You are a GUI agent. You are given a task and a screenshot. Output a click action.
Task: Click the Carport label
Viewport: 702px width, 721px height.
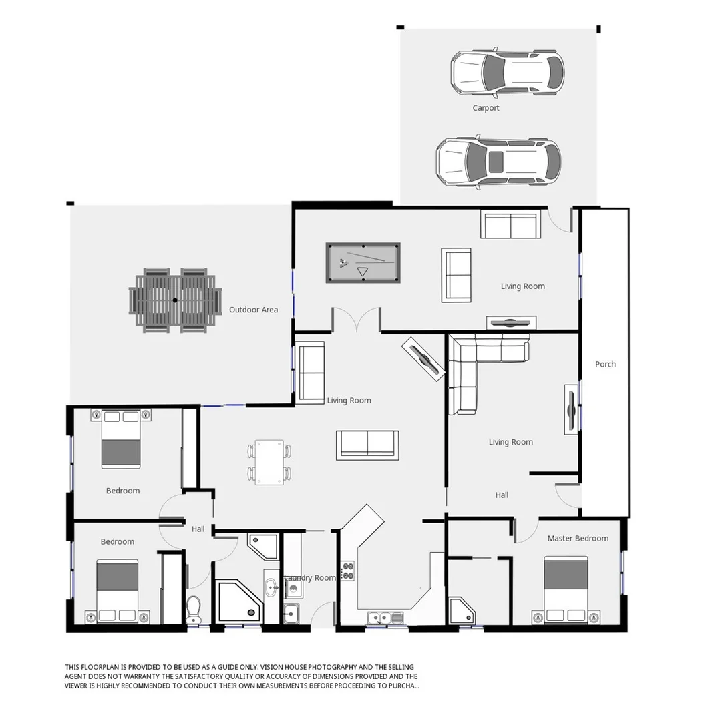pos(486,108)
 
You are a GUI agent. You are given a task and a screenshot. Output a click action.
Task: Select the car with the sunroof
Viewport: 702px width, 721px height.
pos(498,162)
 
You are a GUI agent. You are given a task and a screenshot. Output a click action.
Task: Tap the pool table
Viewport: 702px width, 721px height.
pos(363,262)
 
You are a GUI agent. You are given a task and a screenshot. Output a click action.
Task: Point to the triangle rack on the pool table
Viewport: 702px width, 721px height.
pos(363,272)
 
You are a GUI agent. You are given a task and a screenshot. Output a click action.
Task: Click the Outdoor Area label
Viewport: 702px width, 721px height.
pos(253,310)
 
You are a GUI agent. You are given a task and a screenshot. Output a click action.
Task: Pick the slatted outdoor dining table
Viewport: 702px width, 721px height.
pos(175,300)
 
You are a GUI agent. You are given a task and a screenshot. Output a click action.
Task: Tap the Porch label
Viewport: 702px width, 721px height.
pos(605,364)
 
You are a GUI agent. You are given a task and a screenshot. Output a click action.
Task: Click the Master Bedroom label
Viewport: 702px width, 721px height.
pos(578,538)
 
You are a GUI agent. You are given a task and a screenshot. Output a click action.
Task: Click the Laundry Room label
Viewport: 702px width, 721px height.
pos(311,578)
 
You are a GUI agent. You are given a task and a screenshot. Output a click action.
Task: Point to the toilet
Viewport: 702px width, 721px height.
pos(194,608)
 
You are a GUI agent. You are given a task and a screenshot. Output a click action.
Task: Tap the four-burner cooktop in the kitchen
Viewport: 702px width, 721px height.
pos(348,571)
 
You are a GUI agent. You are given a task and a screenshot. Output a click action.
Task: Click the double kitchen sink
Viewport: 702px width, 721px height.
pos(385,618)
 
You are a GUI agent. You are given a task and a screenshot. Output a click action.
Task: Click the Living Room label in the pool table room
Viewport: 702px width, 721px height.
pos(523,286)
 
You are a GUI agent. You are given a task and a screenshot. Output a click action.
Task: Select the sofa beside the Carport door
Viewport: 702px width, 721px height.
pos(510,226)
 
